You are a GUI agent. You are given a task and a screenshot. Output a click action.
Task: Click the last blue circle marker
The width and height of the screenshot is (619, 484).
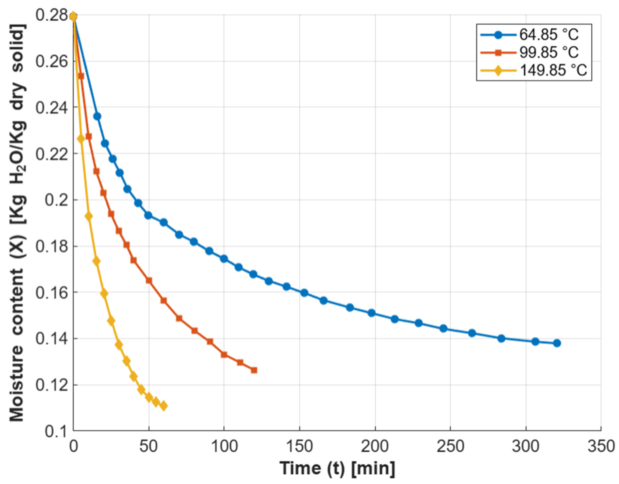pos(557,343)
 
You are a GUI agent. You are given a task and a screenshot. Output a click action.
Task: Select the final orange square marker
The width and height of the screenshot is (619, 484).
pos(254,370)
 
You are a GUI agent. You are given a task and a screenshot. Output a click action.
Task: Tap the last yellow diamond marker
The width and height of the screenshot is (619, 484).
pos(163,406)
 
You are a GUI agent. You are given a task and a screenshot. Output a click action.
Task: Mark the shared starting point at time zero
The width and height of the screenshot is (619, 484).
pos(73,17)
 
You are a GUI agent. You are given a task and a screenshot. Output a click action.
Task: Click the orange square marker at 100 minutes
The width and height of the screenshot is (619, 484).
pos(224,355)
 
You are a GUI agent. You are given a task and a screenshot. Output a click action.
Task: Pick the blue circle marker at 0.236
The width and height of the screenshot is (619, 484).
pos(97,116)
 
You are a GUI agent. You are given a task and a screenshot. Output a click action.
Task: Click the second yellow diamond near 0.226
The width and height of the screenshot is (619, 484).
pos(81,139)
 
